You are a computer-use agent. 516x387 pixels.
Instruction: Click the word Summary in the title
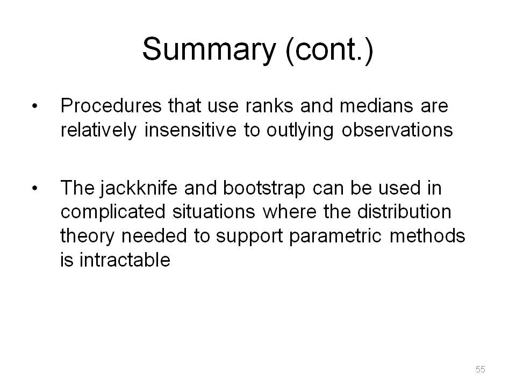tap(209, 49)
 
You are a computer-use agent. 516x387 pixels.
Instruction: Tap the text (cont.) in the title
tap(329, 50)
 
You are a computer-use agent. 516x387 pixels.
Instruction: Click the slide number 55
tap(480, 369)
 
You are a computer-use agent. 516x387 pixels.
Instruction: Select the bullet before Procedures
tap(34, 106)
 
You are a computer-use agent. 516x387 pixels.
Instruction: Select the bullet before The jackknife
tap(34, 188)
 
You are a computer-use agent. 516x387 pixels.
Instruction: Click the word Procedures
tap(111, 106)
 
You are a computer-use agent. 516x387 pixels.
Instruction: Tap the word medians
tap(376, 106)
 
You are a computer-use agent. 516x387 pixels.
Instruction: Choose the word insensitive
tap(190, 130)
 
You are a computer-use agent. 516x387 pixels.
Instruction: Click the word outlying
tap(300, 131)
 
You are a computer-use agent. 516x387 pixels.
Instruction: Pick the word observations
tap(397, 130)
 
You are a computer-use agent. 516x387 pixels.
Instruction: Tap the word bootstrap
tap(264, 189)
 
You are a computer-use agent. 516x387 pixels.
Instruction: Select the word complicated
tap(113, 212)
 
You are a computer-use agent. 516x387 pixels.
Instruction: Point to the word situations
tap(214, 211)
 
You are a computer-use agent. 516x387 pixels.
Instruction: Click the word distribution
tap(404, 211)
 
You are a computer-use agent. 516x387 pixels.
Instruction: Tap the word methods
tap(427, 235)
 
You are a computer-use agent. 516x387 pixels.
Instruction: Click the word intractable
tap(125, 260)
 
